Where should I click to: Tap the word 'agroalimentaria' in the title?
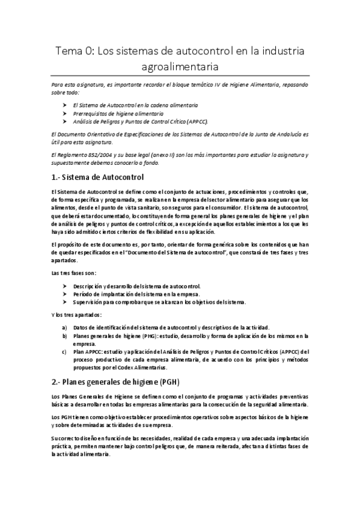point(180,66)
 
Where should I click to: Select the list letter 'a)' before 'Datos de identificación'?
point(65,327)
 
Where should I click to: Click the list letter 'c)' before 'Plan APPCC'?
point(65,352)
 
